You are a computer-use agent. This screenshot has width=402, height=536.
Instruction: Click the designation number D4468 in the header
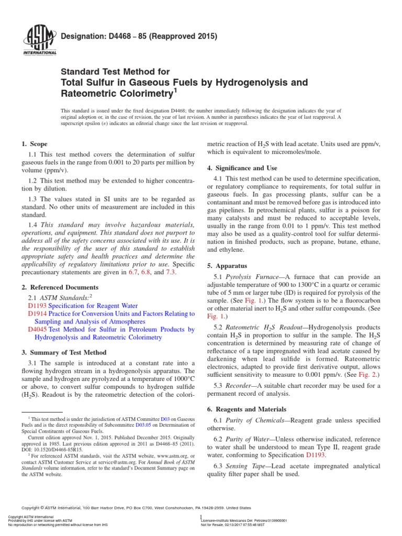click(116, 37)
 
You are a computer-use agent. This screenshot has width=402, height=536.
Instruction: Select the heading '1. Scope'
click(35, 144)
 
